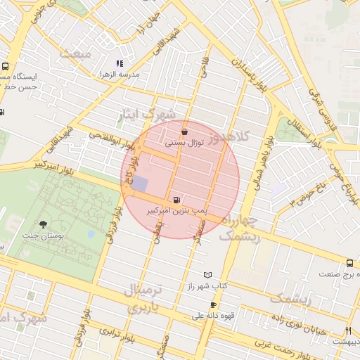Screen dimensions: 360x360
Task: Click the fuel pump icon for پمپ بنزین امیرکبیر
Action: click(x=175, y=199)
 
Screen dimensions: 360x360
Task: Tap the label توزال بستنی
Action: click(x=184, y=142)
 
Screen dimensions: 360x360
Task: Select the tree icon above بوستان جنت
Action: click(x=44, y=224)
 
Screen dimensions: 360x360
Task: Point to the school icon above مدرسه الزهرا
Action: click(x=120, y=64)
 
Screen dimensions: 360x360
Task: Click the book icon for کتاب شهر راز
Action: click(x=207, y=275)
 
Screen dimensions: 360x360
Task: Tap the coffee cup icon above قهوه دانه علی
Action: click(x=213, y=305)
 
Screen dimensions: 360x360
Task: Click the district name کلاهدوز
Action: click(x=245, y=136)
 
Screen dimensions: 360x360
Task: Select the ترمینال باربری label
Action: click(x=143, y=298)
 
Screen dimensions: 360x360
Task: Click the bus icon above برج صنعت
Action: click(x=350, y=263)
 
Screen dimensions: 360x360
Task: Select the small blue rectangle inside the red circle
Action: click(x=140, y=184)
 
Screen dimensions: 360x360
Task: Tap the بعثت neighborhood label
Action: click(x=76, y=53)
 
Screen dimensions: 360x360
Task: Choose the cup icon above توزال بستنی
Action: click(x=184, y=131)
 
